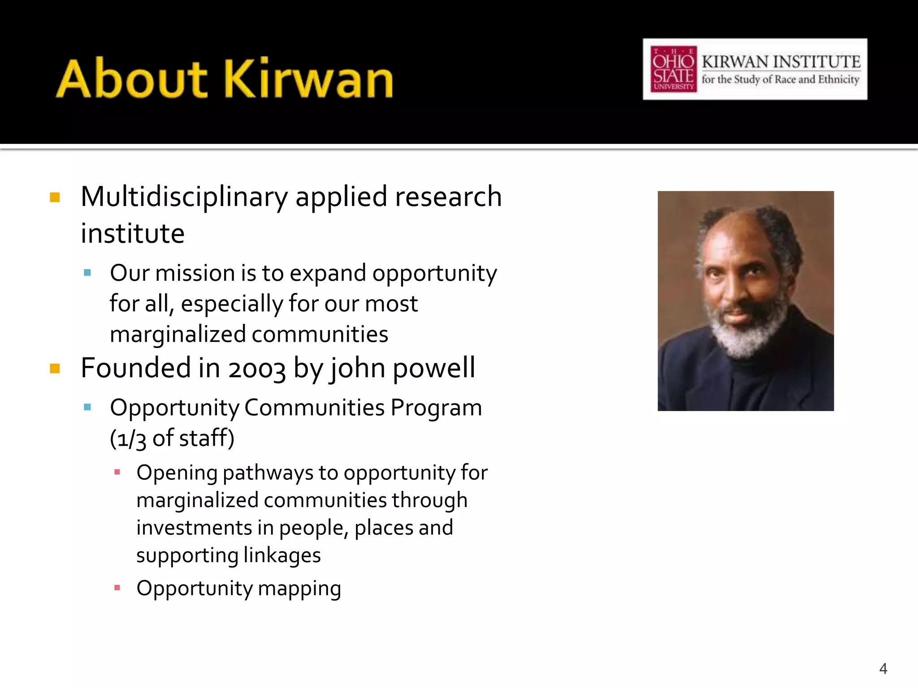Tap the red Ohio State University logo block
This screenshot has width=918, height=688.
[x=673, y=69]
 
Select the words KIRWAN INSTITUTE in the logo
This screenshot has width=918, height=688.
[x=781, y=61]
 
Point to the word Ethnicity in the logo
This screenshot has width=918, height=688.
[x=838, y=80]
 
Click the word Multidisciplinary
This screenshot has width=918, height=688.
[x=184, y=197]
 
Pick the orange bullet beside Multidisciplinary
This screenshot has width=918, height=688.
[x=55, y=198]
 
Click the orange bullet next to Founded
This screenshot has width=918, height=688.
[x=55, y=369]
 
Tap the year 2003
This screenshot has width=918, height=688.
[x=256, y=369]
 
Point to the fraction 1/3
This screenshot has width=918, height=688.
[x=128, y=439]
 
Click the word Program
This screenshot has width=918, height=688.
[x=436, y=408]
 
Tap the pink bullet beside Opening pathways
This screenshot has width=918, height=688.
[x=117, y=472]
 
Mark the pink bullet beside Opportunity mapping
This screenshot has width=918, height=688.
[x=117, y=588]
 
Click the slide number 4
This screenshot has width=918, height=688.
[x=883, y=669]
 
